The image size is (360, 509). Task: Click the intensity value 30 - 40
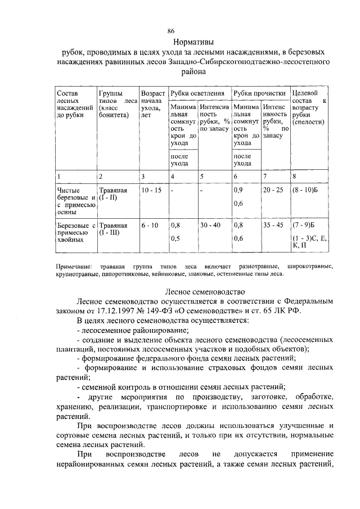tap(211, 226)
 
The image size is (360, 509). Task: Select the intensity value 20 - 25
tap(274, 191)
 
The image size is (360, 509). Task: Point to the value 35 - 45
tap(274, 226)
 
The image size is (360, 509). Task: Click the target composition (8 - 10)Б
tap(307, 191)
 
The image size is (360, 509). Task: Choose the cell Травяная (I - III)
tap(113, 229)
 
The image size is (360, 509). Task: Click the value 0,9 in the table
tap(238, 191)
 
